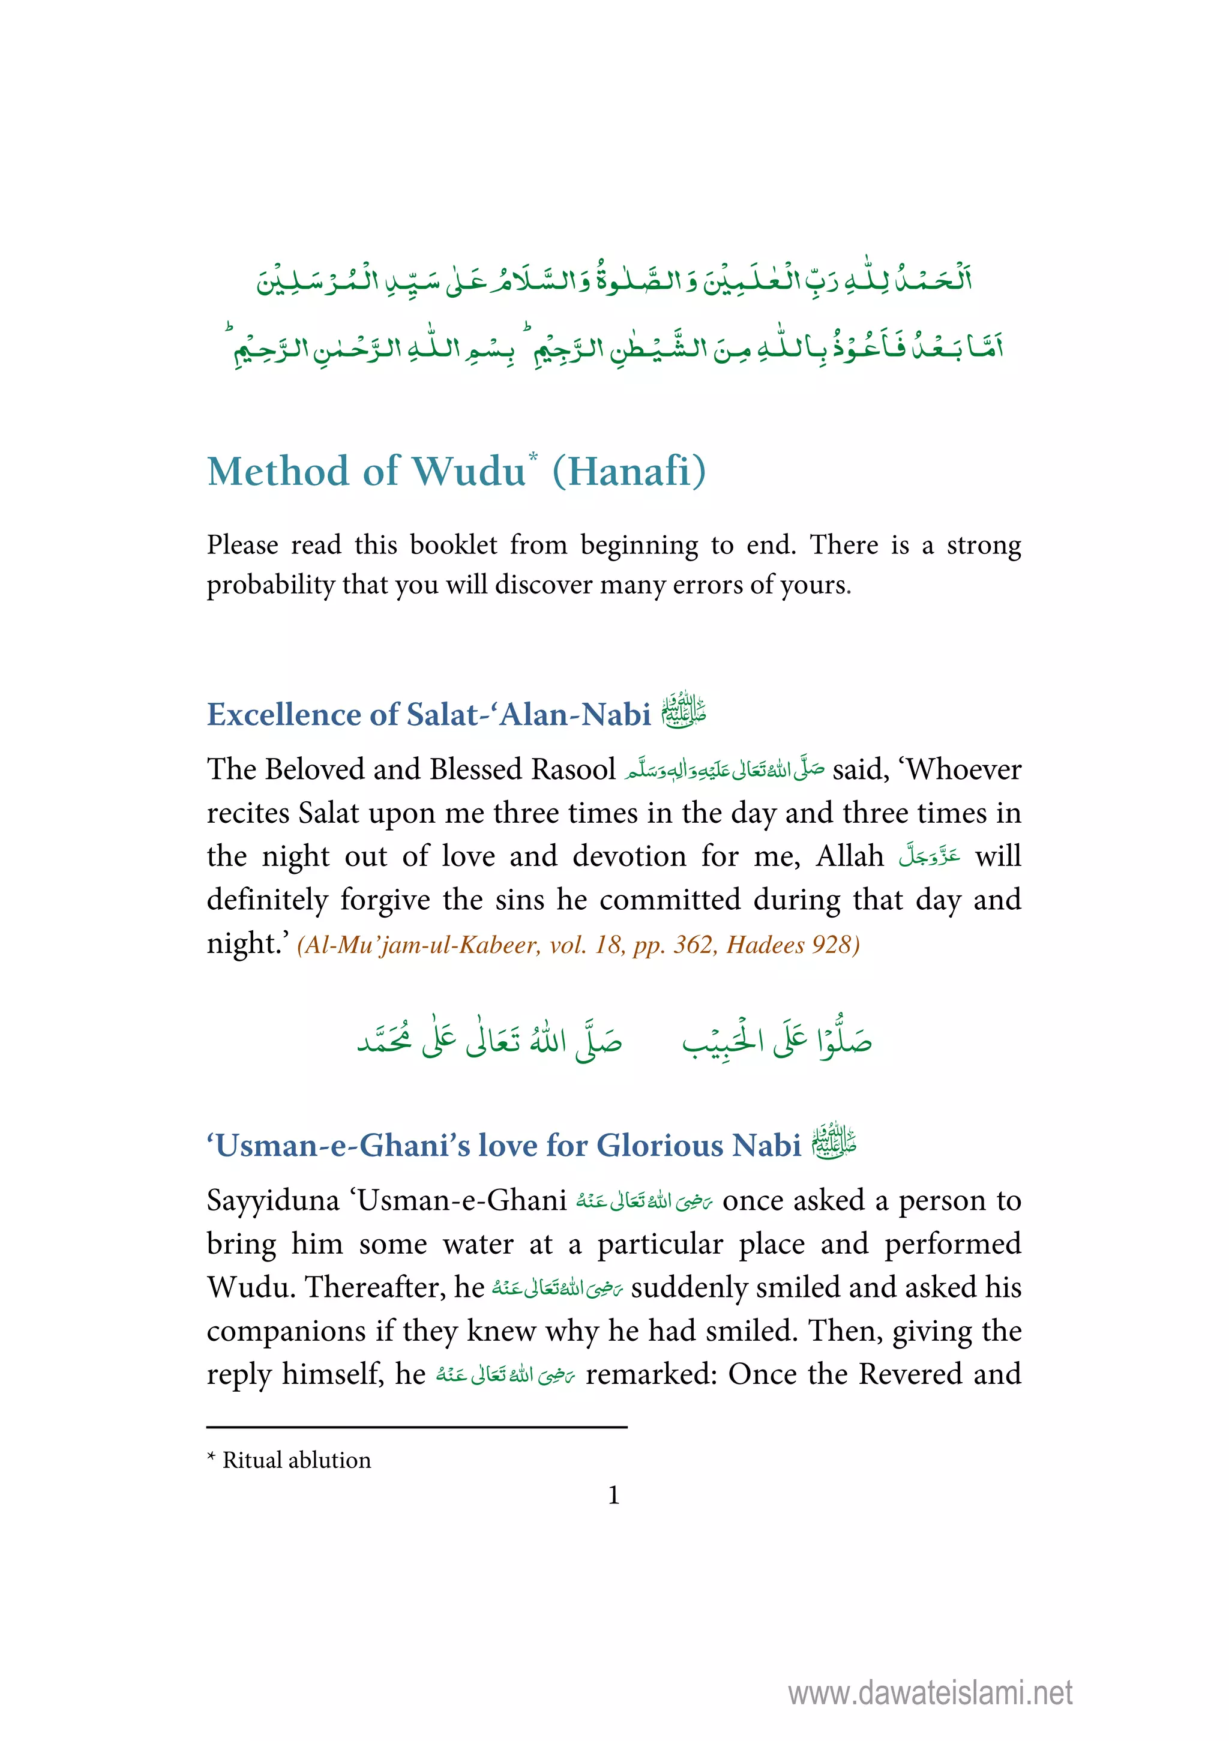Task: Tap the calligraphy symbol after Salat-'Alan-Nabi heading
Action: coord(683,711)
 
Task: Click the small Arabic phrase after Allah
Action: coord(930,856)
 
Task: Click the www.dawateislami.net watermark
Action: coord(930,1692)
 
